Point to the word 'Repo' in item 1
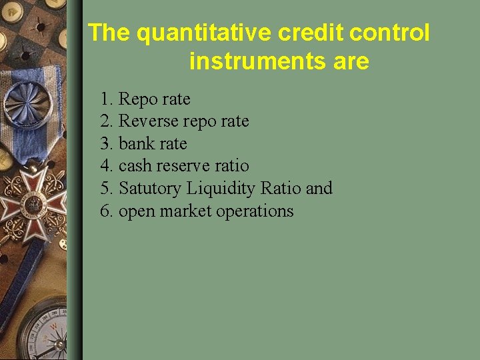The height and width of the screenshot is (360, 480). (137, 99)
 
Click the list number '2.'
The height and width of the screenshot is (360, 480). (107, 121)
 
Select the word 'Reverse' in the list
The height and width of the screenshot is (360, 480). (149, 121)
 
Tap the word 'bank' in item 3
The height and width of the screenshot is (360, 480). (136, 144)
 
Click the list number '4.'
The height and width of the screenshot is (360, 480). (107, 166)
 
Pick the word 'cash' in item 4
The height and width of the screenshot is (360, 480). (134, 166)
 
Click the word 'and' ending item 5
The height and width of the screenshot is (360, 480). (319, 189)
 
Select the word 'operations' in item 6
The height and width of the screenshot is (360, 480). (256, 211)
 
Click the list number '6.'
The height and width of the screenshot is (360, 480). (107, 211)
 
